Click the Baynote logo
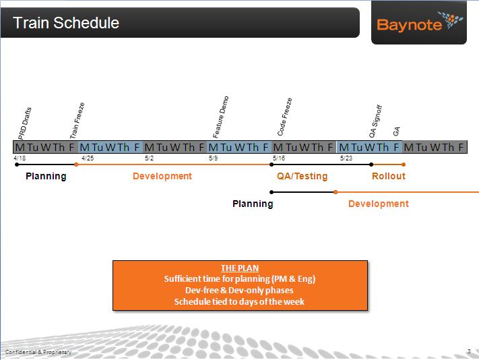click(420, 22)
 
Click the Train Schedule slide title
click(66, 23)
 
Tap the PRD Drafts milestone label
click(24, 123)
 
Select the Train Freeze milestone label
click(77, 121)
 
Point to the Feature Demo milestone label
click(220, 117)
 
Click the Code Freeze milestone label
click(285, 117)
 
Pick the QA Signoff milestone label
click(375, 121)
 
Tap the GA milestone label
click(396, 131)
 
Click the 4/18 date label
click(20, 158)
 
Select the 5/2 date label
click(149, 158)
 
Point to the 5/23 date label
click(346, 158)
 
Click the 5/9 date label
click(214, 158)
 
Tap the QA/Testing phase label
click(302, 176)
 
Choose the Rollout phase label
click(389, 176)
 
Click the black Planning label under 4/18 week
click(46, 177)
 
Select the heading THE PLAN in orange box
click(240, 268)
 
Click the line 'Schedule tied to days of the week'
click(239, 301)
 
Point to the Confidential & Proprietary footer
click(38, 352)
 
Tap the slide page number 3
click(469, 351)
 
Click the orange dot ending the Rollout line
click(404, 164)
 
